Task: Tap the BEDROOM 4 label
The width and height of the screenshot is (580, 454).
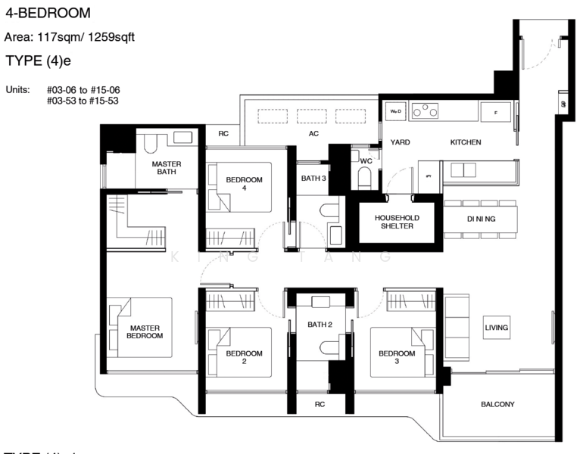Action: pyautogui.click(x=244, y=184)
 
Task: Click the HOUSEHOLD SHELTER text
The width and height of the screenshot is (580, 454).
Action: pyautogui.click(x=398, y=222)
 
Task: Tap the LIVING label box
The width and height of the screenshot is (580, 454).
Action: pyautogui.click(x=497, y=328)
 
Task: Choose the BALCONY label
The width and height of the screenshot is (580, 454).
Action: pyautogui.click(x=497, y=404)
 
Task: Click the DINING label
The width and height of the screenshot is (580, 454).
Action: pyautogui.click(x=480, y=219)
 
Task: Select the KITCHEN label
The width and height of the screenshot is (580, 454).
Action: pyautogui.click(x=466, y=142)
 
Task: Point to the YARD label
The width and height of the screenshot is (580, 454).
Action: pyautogui.click(x=400, y=142)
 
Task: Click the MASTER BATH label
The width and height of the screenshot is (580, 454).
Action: pyautogui.click(x=166, y=168)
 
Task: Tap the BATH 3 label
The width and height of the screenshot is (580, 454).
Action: pyautogui.click(x=313, y=179)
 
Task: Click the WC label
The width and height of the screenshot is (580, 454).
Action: pyautogui.click(x=366, y=161)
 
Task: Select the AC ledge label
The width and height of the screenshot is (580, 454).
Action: pyautogui.click(x=313, y=134)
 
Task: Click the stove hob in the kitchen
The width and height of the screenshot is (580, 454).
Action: pyautogui.click(x=428, y=111)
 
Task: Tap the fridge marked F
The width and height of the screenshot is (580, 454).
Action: pyautogui.click(x=495, y=112)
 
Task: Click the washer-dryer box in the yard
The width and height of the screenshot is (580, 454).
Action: pyautogui.click(x=395, y=111)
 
